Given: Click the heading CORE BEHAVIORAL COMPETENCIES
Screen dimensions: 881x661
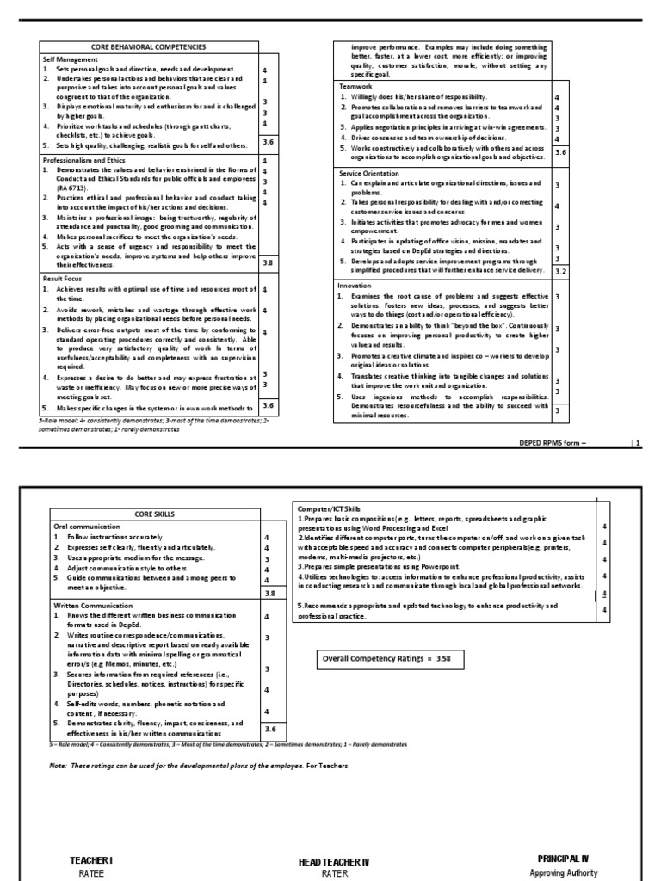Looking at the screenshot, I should (x=148, y=46).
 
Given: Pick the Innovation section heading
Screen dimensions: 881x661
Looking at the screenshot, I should (x=356, y=285).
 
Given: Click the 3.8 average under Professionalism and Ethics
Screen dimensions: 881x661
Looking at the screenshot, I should (x=268, y=263).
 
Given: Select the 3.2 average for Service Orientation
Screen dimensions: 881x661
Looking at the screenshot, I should (x=560, y=271).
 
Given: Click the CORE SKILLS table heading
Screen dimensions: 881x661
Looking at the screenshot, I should (x=155, y=514).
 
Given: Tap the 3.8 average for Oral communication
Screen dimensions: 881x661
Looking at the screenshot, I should (x=269, y=593).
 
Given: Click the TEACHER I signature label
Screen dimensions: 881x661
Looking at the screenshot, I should (x=91, y=859).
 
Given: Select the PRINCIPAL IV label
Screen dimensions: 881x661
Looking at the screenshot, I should (x=562, y=859).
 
